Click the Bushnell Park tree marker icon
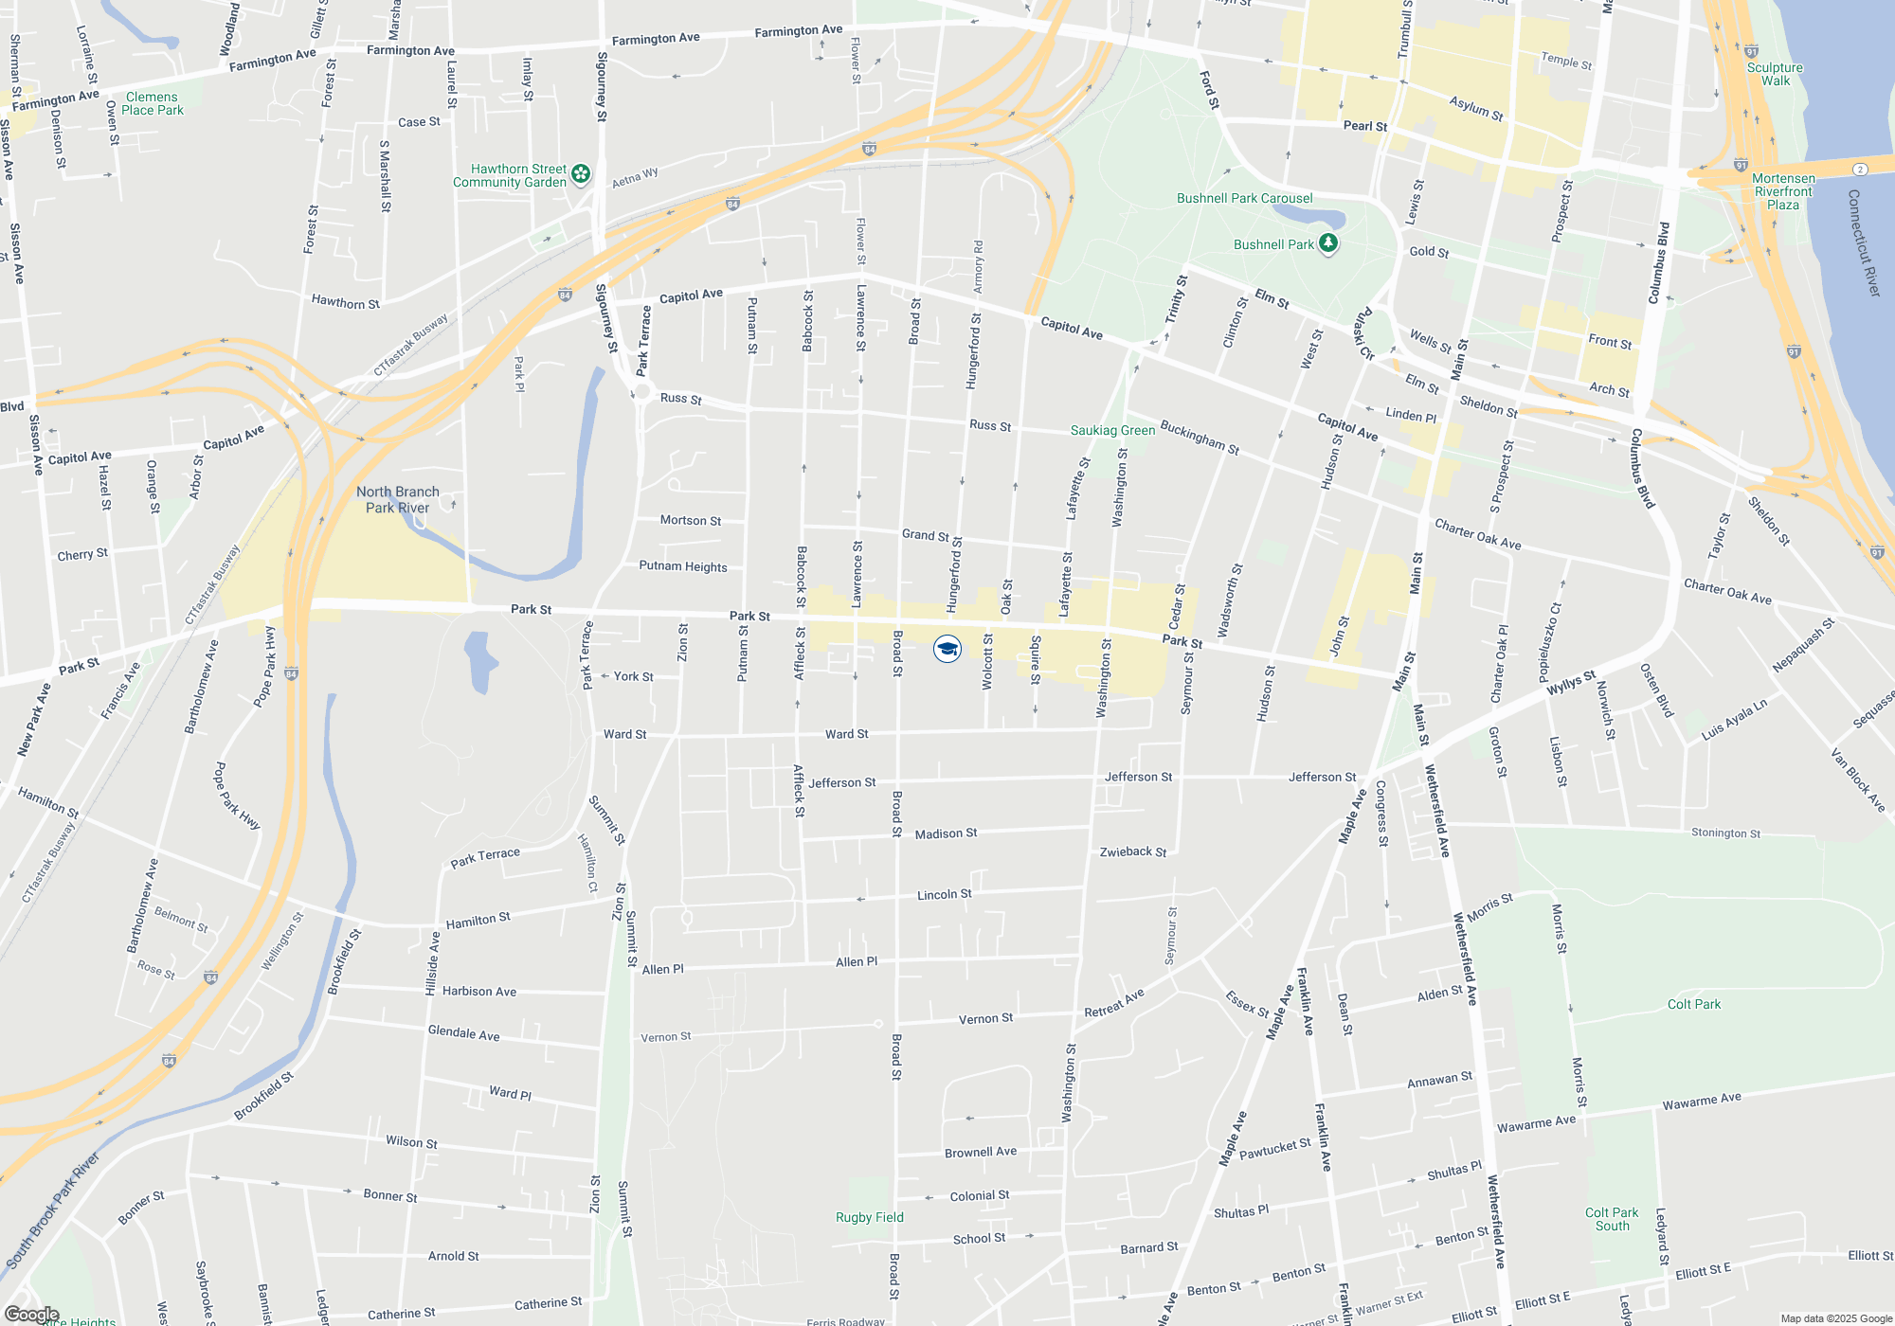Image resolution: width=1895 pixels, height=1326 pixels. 1328,243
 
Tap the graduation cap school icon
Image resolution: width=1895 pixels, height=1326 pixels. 947,649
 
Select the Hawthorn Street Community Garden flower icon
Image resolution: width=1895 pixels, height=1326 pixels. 581,173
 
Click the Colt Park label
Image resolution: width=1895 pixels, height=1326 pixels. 1693,1004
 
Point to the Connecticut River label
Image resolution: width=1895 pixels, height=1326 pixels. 1863,242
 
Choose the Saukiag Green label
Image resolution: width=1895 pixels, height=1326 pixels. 1112,430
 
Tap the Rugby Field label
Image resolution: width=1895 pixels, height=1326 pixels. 869,1217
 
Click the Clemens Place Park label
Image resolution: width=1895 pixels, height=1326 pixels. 153,103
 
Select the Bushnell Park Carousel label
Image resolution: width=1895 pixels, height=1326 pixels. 1244,198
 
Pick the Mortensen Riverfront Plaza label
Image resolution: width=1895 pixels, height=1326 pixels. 1783,191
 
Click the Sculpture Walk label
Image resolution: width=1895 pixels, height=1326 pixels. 1775,74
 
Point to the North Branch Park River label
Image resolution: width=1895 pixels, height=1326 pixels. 398,499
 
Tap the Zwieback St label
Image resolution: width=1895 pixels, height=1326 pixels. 1132,851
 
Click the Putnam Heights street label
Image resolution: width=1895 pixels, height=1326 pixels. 683,566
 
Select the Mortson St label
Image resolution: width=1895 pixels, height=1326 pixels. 691,520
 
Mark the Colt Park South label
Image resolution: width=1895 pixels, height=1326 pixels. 1612,1219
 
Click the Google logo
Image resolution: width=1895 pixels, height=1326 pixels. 31,1314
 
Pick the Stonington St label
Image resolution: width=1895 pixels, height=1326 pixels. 1725,833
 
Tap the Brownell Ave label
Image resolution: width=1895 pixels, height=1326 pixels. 980,1152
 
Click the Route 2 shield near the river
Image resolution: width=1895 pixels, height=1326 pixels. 1861,169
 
